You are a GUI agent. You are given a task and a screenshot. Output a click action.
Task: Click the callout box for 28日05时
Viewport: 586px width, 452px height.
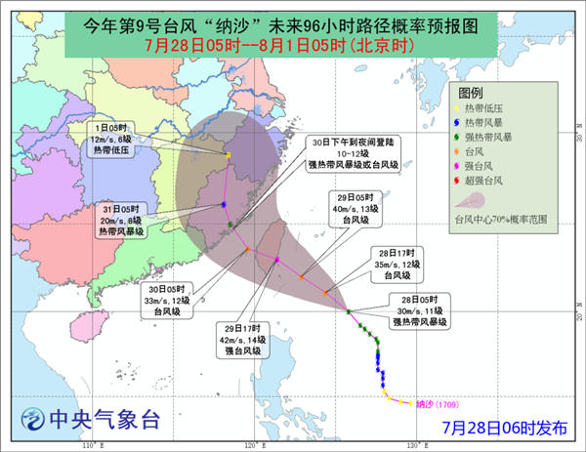420,308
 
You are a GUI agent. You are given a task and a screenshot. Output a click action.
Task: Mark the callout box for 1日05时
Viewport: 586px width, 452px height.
115,139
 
